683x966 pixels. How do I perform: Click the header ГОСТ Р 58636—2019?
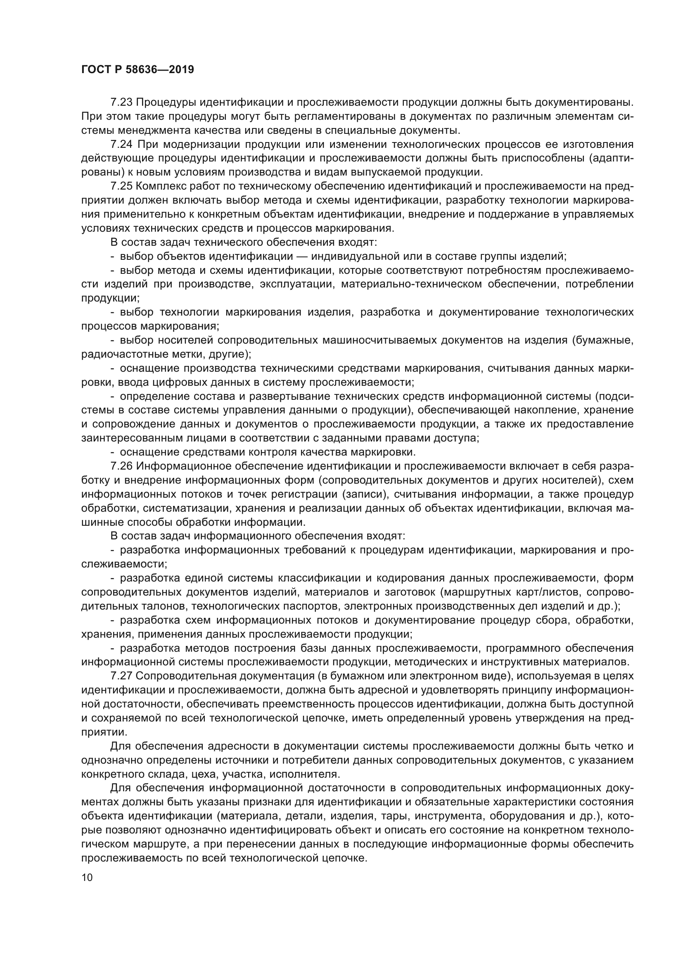pos(138,70)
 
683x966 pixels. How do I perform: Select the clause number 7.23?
pos(121,102)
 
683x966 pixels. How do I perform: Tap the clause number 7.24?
pos(121,144)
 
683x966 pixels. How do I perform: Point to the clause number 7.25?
pos(121,186)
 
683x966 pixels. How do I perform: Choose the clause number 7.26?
pos(121,466)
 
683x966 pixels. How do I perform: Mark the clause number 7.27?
pos(121,676)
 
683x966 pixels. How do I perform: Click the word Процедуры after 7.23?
pos(166,102)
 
